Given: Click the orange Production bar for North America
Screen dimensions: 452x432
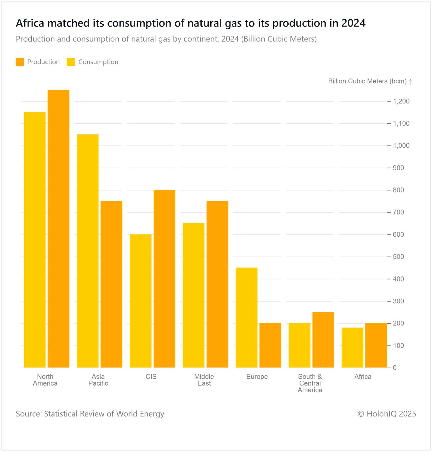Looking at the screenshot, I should [x=58, y=229].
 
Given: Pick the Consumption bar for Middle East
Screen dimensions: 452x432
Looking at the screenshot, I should [x=193, y=295].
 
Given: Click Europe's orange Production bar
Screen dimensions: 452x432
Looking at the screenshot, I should [x=270, y=345].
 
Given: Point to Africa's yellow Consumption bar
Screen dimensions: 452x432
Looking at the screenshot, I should [x=352, y=347].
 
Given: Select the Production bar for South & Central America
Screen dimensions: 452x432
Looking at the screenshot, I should [x=323, y=340].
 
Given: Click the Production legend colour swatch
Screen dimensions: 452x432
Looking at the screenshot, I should [x=20, y=62].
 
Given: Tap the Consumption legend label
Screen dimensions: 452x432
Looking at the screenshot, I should [x=98, y=62].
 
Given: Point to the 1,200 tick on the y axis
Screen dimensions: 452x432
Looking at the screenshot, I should [x=401, y=101].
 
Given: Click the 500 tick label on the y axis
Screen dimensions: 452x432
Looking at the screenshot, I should [x=398, y=257].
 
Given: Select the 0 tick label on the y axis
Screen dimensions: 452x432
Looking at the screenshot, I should [x=395, y=368].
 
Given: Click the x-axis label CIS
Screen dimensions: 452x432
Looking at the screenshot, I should [x=151, y=377].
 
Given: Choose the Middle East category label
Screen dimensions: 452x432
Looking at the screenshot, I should [x=204, y=380].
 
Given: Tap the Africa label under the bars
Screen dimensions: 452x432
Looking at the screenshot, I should [x=363, y=377].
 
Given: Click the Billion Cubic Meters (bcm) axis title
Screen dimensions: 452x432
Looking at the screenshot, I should [x=367, y=81].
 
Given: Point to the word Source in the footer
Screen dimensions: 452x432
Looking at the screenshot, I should [x=29, y=414].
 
